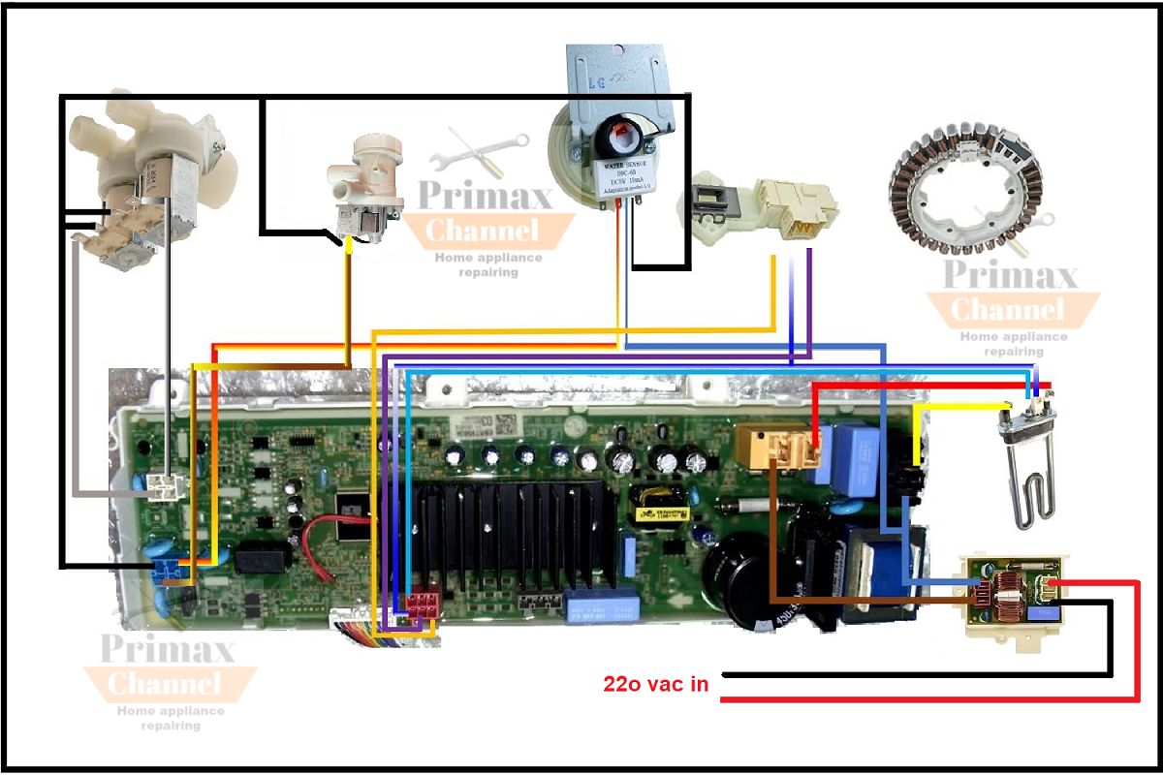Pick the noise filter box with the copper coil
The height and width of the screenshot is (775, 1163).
click(x=1013, y=596)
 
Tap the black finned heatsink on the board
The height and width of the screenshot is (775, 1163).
click(x=514, y=528)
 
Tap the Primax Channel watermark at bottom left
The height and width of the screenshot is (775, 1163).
click(x=169, y=668)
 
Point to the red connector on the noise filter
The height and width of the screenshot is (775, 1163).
click(x=1052, y=585)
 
